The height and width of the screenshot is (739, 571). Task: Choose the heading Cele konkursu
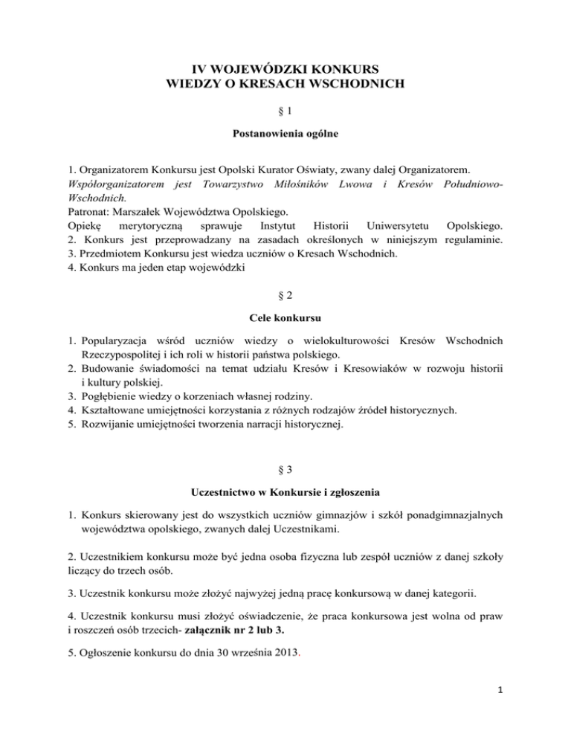coord(285,318)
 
